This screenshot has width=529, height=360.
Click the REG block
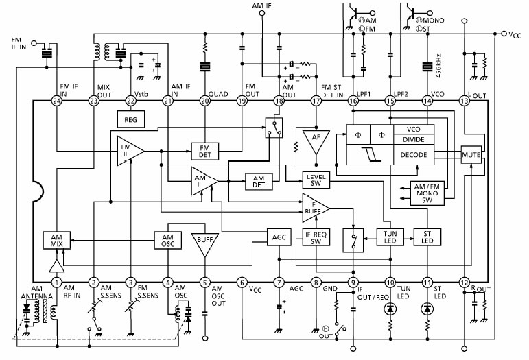click(x=131, y=119)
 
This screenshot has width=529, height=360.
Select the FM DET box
click(x=204, y=150)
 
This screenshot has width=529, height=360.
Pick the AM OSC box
click(x=167, y=240)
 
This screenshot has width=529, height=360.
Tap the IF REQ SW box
click(x=317, y=237)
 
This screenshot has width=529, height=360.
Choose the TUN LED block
click(x=390, y=237)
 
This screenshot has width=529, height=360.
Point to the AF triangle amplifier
click(x=315, y=141)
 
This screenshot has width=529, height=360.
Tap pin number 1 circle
click(x=58, y=281)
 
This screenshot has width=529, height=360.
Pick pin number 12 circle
click(x=464, y=281)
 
